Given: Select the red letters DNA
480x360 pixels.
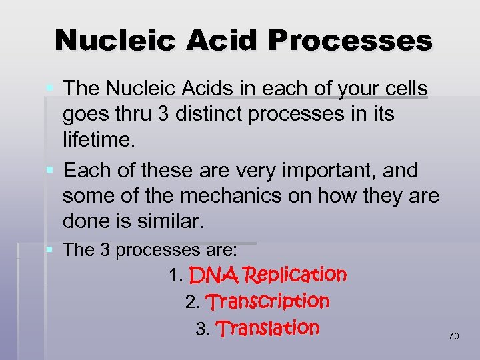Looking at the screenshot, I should (213, 275).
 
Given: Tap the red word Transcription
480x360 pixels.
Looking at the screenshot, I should (267, 301).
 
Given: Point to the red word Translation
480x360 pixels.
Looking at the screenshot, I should (268, 328).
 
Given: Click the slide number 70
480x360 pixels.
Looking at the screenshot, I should (453, 337).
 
